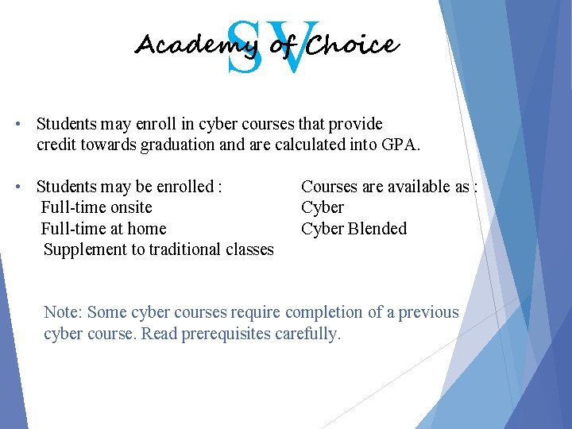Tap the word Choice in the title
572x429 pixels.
click(351, 45)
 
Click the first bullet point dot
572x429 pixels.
click(17, 125)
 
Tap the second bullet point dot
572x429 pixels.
click(17, 187)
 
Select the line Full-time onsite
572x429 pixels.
click(96, 207)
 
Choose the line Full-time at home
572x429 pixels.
click(103, 229)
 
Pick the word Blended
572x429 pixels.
click(377, 229)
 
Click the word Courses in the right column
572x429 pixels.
click(329, 187)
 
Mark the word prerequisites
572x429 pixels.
click(226, 334)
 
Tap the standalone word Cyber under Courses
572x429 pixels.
click(323, 207)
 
